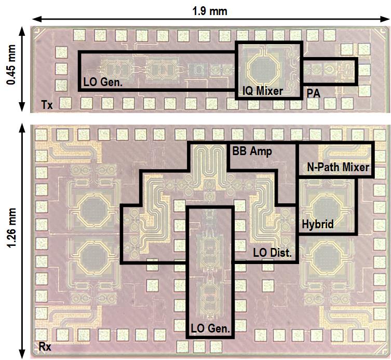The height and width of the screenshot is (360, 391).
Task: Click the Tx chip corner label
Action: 47,106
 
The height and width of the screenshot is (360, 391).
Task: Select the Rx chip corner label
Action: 46,346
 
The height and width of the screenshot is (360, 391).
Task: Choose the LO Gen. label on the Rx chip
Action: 210,328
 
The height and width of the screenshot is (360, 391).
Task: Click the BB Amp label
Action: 251,151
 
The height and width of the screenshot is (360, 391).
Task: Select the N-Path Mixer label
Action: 335,168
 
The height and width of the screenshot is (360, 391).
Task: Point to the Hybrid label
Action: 317,225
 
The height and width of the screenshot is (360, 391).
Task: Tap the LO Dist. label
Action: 272,253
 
